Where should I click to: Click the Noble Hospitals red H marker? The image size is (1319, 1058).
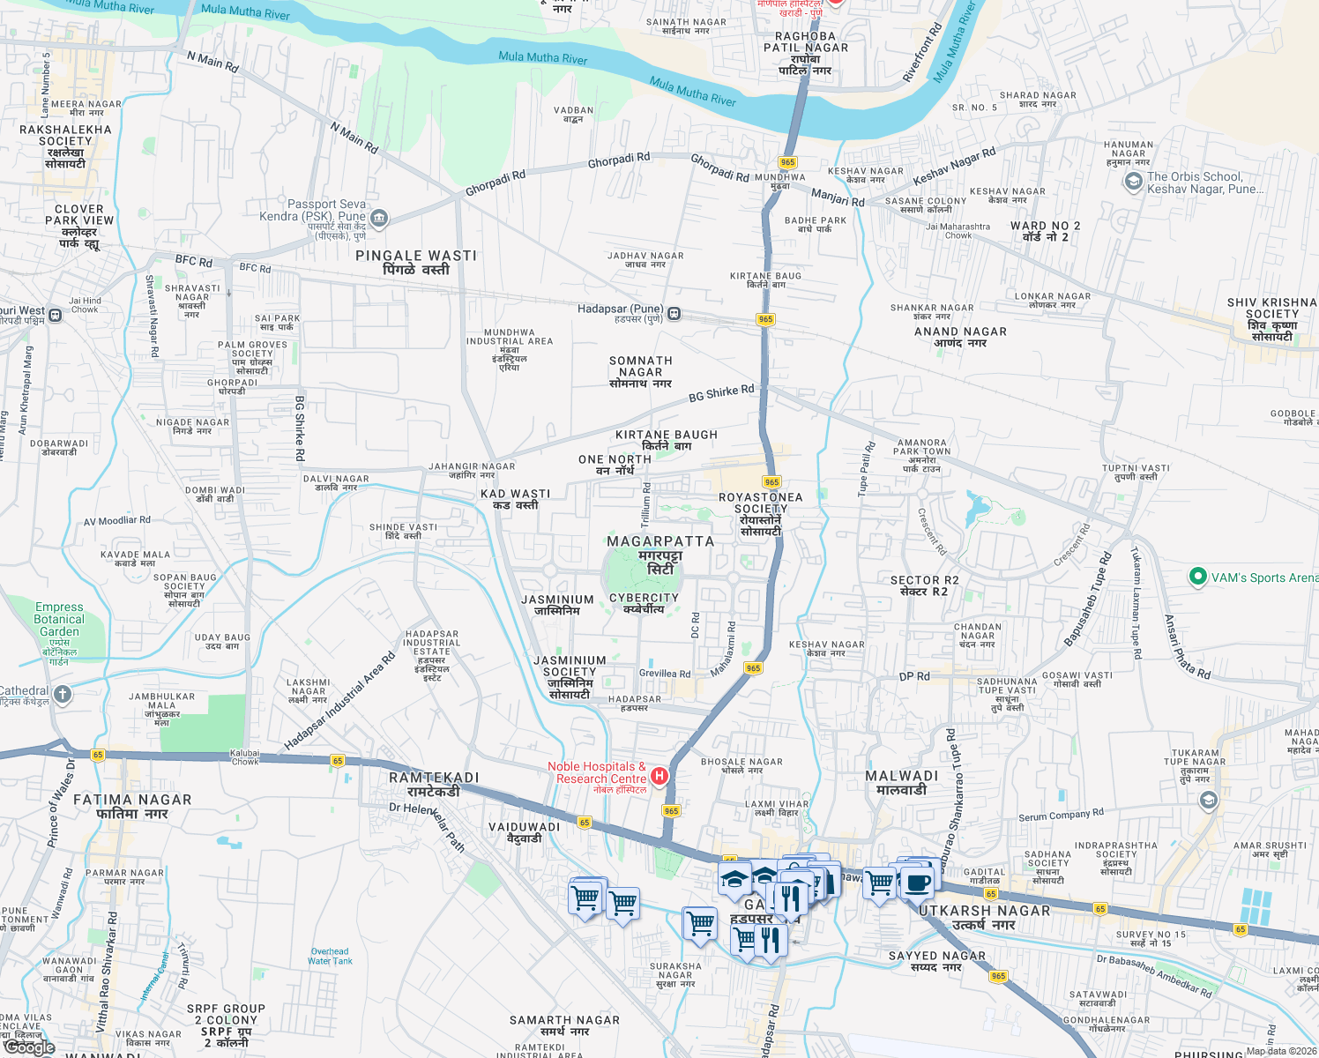[x=659, y=776]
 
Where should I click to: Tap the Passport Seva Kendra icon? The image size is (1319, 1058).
[x=379, y=217]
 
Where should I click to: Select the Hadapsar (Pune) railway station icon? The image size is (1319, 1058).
[x=674, y=313]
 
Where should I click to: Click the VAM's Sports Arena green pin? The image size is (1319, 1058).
[x=1197, y=577]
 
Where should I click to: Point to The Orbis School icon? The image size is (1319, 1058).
[x=1133, y=182]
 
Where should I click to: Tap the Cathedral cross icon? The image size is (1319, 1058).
[x=63, y=695]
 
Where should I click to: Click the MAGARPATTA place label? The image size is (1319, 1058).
[x=660, y=541]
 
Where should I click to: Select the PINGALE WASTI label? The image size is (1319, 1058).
[x=416, y=256]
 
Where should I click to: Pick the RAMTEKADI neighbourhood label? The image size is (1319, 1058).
[x=434, y=778]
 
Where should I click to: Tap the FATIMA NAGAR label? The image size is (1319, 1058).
[x=132, y=800]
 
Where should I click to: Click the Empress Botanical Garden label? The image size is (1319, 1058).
[x=59, y=619]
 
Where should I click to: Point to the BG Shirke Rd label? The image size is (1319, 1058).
[x=721, y=393]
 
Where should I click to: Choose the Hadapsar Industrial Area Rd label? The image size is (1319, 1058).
[x=340, y=703]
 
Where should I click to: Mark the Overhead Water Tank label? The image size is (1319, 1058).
[x=330, y=956]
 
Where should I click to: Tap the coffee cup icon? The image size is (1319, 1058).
[x=916, y=881]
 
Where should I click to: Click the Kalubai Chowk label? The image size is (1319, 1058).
[x=245, y=756]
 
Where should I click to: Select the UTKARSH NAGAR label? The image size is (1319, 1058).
[x=985, y=911]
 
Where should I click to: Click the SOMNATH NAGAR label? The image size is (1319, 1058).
[x=641, y=366]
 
